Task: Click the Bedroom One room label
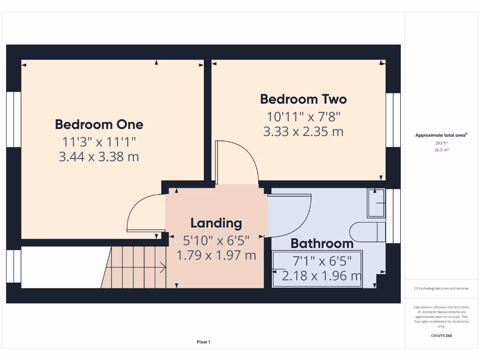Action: [99, 124]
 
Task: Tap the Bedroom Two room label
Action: [303, 99]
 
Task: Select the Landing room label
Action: [216, 223]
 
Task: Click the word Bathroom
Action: [322, 243]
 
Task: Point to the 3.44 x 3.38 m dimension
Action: [99, 157]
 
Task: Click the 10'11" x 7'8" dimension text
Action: [303, 116]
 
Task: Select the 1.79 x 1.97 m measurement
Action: [216, 255]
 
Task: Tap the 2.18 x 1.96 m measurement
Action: [322, 276]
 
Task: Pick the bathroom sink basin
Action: [376, 203]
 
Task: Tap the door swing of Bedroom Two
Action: [237, 162]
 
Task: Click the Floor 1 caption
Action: [203, 342]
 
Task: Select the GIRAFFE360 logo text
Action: [441, 336]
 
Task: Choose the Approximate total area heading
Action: [441, 135]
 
